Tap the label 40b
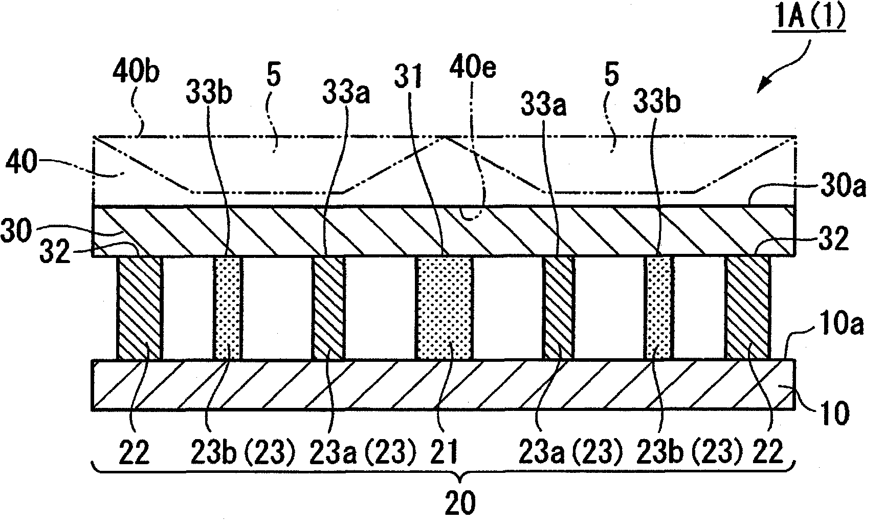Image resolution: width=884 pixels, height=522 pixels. pos(136,74)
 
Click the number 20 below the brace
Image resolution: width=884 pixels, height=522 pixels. pos(460,504)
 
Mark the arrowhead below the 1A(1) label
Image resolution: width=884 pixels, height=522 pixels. pos(762,88)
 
